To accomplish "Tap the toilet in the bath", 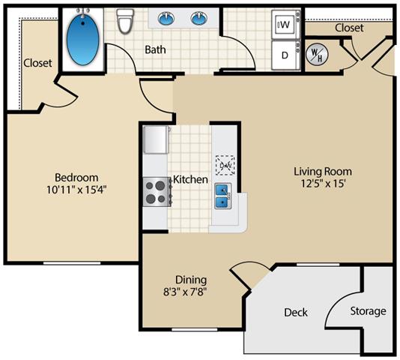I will tap(125, 22).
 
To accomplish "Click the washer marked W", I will tap(285, 25).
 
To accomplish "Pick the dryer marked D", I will tap(285, 55).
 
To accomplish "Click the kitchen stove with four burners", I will tap(155, 191).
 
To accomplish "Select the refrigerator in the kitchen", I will tap(156, 139).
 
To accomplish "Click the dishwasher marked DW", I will tap(224, 164).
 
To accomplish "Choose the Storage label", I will tap(368, 310).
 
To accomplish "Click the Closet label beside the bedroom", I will tap(37, 63).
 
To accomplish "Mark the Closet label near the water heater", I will tap(349, 28).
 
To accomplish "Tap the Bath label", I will tap(157, 50).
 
